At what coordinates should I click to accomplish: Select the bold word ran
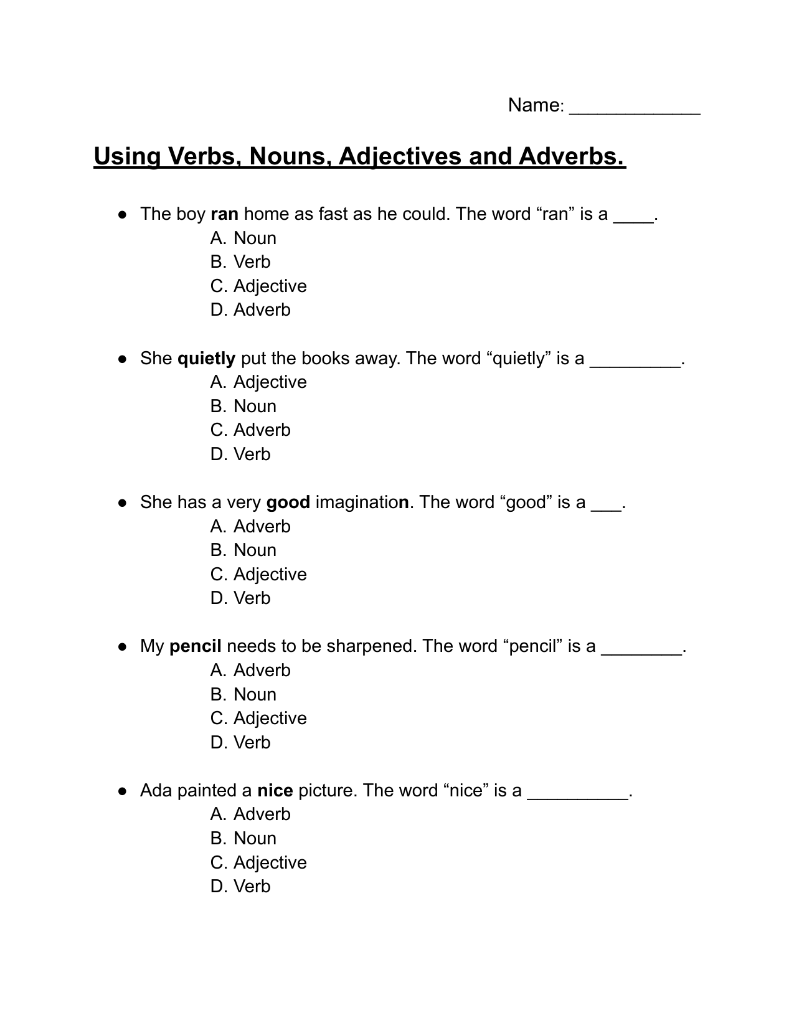pos(224,214)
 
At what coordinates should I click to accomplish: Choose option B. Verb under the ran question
pos(240,262)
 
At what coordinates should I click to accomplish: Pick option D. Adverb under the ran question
pos(250,310)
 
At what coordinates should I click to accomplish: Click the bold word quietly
pos(206,359)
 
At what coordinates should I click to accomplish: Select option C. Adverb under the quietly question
pos(250,430)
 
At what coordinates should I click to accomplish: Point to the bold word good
pos(288,502)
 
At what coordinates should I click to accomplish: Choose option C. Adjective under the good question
pos(258,575)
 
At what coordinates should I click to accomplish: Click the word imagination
pos(362,502)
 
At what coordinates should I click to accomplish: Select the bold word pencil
pos(195,646)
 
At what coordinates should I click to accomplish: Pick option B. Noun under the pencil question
pos(243,695)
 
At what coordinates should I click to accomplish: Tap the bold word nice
pos(275,791)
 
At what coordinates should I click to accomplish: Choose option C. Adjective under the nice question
pos(258,863)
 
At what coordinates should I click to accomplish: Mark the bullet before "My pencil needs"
pos(123,647)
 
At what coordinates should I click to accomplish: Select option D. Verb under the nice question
pos(240,887)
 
